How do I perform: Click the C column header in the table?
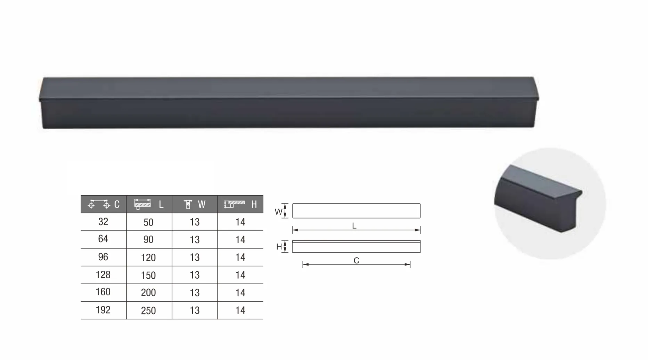(x=104, y=204)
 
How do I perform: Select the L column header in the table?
(x=149, y=204)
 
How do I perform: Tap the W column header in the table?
(x=195, y=204)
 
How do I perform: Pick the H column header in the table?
(x=240, y=204)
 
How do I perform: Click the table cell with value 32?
(x=103, y=222)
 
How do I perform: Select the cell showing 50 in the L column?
(x=148, y=222)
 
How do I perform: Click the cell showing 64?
(x=103, y=239)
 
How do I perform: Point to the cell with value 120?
(x=148, y=257)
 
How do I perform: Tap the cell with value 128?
(x=103, y=275)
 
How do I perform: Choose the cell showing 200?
(x=148, y=293)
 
